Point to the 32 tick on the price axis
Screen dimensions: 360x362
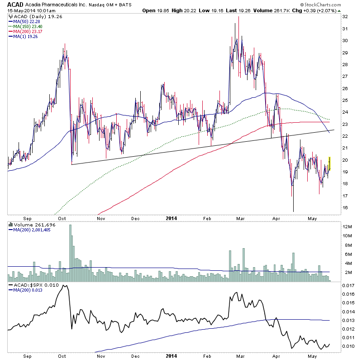point(345,16)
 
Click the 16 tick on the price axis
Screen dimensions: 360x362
point(345,208)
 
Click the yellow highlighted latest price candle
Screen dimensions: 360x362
point(329,164)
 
